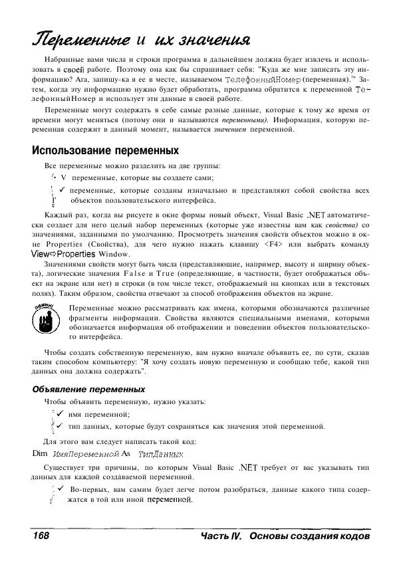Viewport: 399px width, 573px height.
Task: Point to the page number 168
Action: click(41, 536)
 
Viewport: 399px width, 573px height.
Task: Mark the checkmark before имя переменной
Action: click(60, 414)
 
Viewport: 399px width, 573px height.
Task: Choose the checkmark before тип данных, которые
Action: click(60, 425)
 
